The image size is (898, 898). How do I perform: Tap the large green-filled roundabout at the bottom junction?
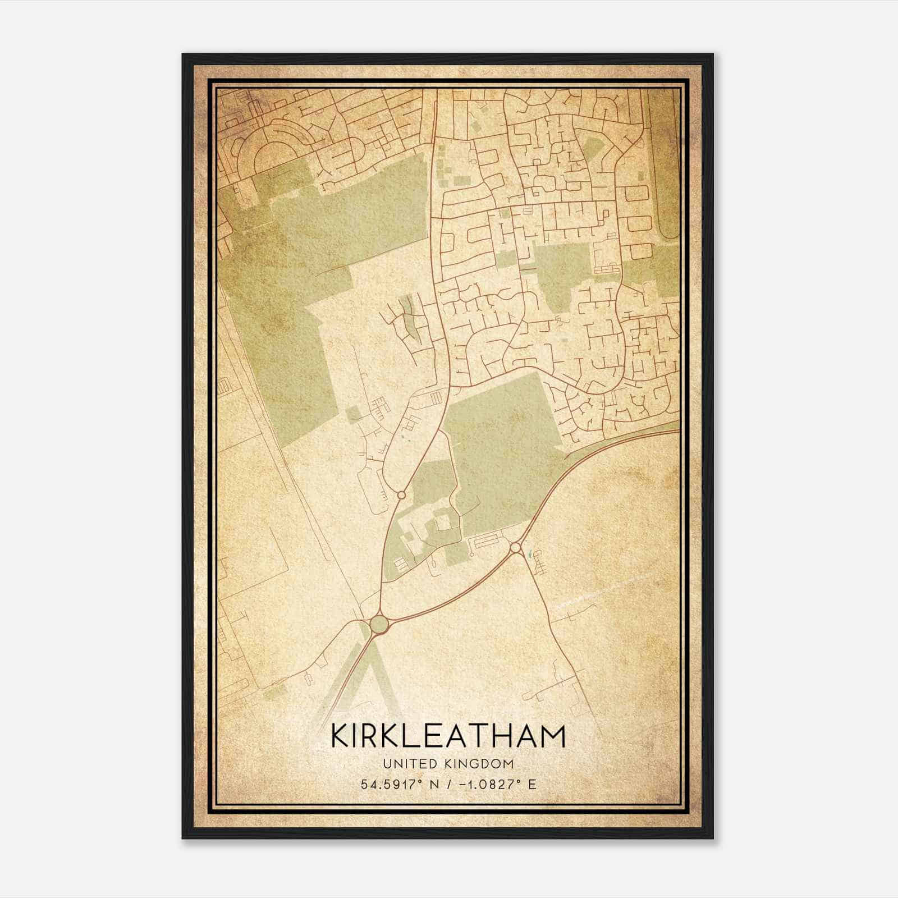(x=379, y=624)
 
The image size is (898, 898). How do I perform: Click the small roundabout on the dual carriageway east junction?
(x=516, y=547)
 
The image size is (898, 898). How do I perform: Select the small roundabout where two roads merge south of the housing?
(x=401, y=495)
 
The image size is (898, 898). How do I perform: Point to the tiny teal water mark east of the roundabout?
(x=528, y=555)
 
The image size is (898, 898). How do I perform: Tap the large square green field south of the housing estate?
(x=500, y=443)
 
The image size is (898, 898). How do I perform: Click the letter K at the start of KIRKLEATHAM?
(x=341, y=736)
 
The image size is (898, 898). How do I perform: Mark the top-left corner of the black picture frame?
(x=183, y=54)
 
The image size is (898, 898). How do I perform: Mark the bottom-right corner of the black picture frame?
(x=713, y=838)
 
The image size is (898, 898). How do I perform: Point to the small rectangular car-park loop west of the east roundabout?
(x=486, y=543)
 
